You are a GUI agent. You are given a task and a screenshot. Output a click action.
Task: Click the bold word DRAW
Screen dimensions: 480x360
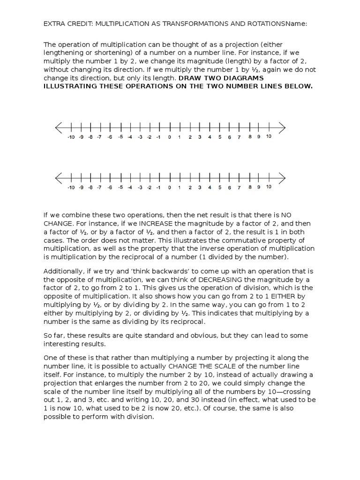[x=190, y=78]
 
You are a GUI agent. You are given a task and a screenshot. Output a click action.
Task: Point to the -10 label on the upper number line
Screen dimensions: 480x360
[x=70, y=137]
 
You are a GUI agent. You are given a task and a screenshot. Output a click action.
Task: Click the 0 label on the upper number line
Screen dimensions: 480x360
[x=169, y=137]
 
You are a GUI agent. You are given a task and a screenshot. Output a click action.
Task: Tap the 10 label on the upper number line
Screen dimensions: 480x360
[x=268, y=137]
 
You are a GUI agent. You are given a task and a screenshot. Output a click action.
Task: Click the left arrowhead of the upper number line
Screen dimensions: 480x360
[x=58, y=127]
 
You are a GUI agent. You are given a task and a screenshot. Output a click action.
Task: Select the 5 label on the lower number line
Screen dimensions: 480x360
[x=219, y=187]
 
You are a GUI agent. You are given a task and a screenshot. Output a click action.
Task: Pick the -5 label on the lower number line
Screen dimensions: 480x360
[x=120, y=187]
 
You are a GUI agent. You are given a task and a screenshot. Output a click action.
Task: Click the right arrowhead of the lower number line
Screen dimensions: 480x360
[x=282, y=178]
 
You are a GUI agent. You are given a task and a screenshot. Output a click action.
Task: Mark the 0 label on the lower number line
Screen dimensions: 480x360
[x=169, y=187]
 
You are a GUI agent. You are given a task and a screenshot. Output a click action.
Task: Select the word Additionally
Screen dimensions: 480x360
[x=64, y=271]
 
